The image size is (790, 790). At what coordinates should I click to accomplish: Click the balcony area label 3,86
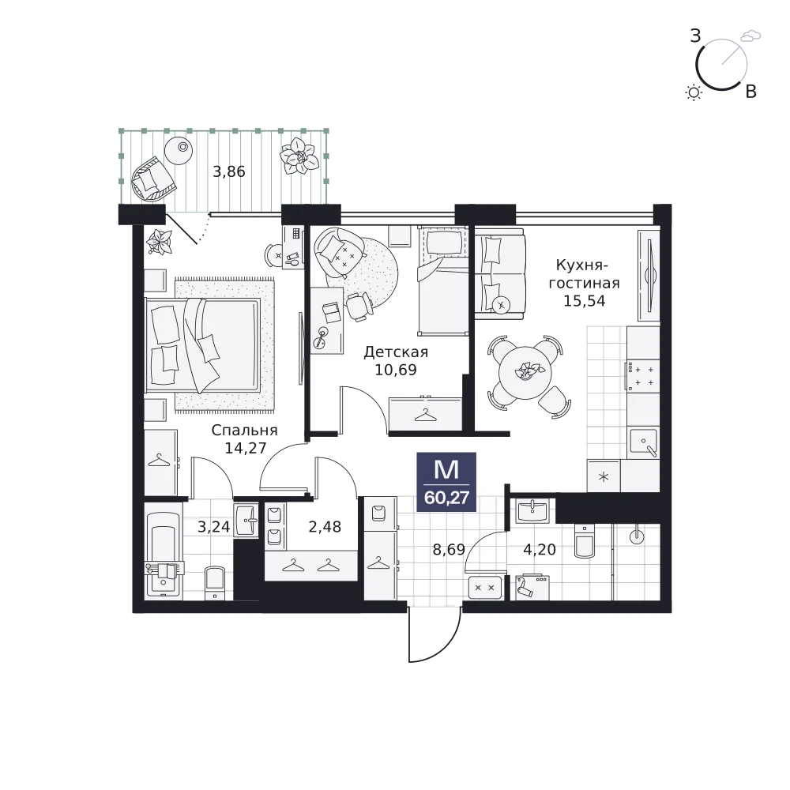[x=229, y=171]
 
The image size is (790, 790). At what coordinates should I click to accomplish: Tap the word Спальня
[x=244, y=431]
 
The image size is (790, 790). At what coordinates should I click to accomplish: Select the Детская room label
[x=396, y=352]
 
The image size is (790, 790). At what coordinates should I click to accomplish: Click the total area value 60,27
[x=446, y=498]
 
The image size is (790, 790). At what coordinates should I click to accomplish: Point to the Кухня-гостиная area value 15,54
[x=584, y=301]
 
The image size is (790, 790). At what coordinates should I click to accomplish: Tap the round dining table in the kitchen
[x=525, y=373]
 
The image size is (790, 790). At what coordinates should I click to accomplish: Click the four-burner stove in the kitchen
[x=643, y=376]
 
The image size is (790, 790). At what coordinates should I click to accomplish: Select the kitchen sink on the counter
[x=643, y=442]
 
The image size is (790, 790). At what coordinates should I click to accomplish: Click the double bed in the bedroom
[x=202, y=344]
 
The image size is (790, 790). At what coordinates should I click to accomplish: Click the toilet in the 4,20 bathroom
[x=585, y=541]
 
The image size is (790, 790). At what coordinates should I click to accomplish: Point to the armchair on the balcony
[x=152, y=179]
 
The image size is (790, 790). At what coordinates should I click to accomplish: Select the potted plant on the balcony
[x=299, y=156]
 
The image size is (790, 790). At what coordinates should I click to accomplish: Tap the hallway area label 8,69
[x=449, y=549]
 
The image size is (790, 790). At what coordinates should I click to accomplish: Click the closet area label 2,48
[x=325, y=527]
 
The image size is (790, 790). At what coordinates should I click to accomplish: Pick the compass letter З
[x=695, y=36]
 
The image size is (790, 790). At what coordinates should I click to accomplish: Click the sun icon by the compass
[x=694, y=92]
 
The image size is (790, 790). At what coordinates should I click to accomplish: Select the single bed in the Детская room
[x=443, y=281]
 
